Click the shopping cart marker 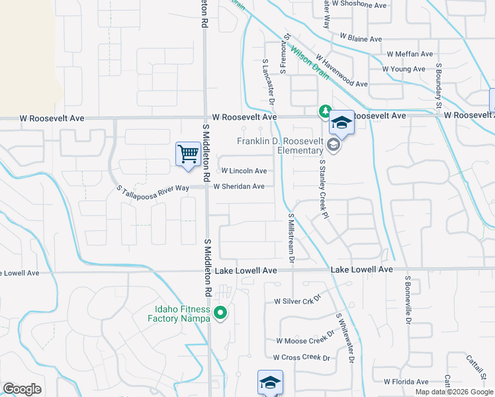click(x=189, y=154)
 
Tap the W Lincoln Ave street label click(x=244, y=171)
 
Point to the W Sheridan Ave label click(x=239, y=187)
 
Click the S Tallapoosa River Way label click(x=153, y=189)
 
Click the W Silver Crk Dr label click(x=297, y=300)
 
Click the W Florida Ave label click(x=406, y=381)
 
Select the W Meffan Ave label click(x=410, y=54)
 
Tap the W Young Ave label click(x=404, y=69)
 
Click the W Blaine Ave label click(x=361, y=38)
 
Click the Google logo click(x=22, y=389)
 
